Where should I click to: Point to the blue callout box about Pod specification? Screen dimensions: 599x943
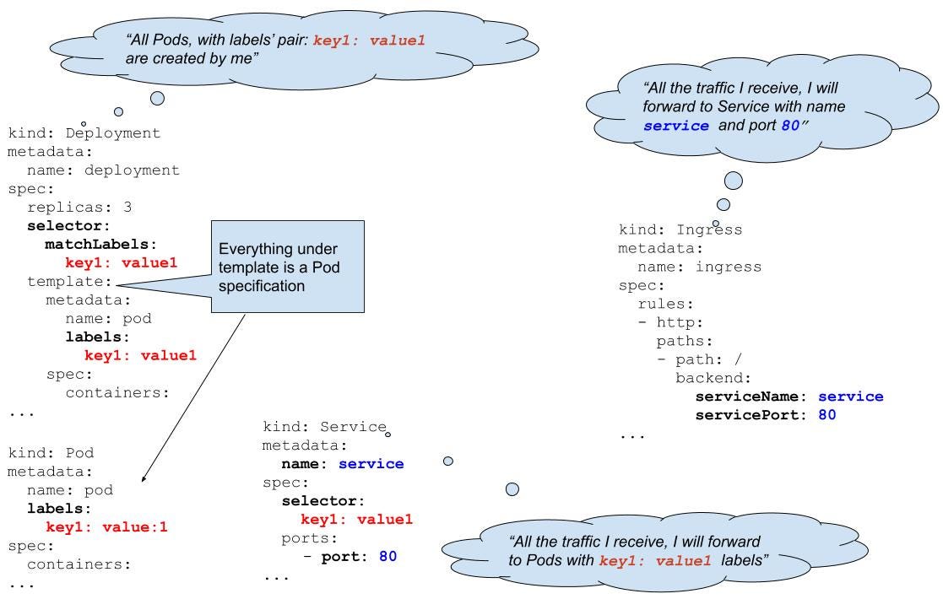(287, 266)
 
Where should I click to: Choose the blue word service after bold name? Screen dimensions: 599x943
(371, 463)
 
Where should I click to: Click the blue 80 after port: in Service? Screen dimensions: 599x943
(387, 556)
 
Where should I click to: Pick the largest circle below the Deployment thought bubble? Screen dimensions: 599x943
(157, 98)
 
